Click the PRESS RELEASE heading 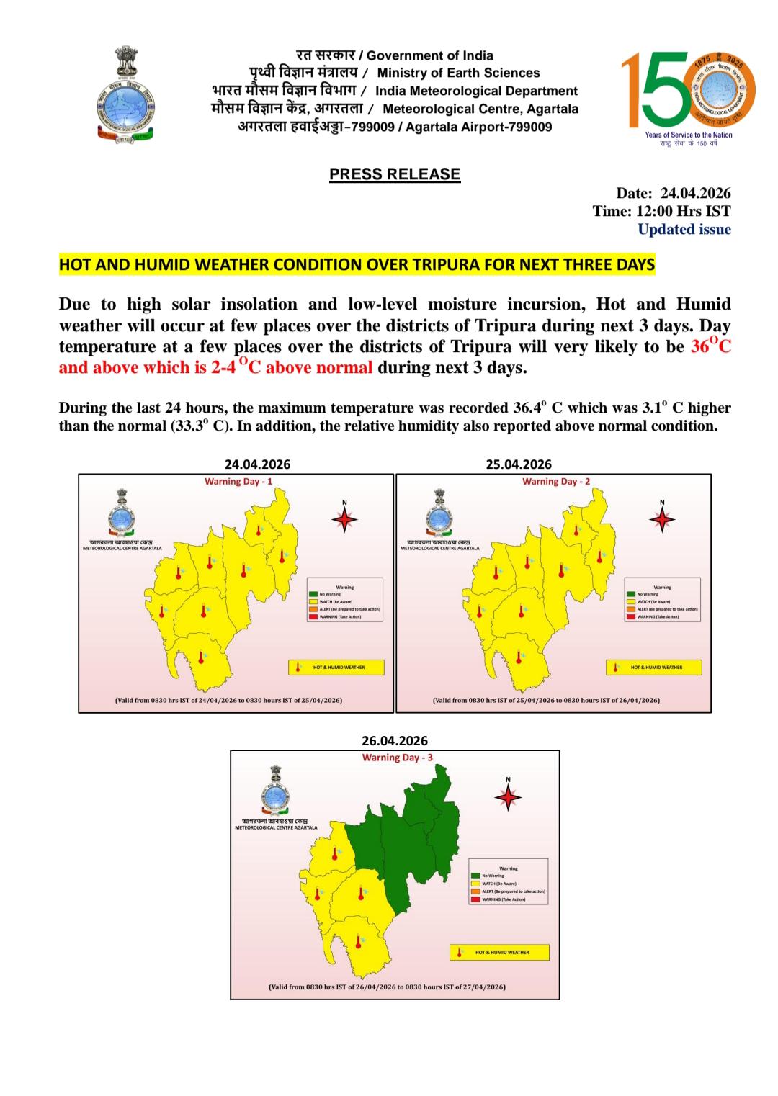[x=394, y=174]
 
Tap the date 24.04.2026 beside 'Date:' [x=695, y=193]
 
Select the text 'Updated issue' [x=684, y=230]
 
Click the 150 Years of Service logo [x=688, y=96]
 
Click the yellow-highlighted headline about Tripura [x=357, y=264]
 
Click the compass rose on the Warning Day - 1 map [x=344, y=518]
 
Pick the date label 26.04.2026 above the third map [x=395, y=740]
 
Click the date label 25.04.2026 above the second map [x=519, y=464]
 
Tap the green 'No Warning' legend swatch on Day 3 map [x=475, y=875]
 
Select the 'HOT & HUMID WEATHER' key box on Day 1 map [x=336, y=668]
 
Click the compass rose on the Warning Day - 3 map [x=508, y=797]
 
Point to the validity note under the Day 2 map [x=545, y=700]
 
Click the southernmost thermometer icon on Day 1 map [x=201, y=657]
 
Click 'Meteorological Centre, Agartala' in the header [x=480, y=109]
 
